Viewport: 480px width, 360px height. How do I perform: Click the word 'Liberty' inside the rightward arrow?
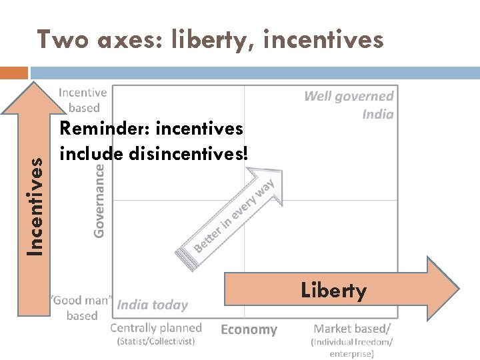coord(333,291)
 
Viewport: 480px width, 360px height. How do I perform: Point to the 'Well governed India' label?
coord(349,105)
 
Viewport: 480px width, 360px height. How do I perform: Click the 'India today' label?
coord(153,305)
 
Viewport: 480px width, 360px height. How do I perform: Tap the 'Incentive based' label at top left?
coord(82,100)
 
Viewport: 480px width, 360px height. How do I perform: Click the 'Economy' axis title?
coord(249,329)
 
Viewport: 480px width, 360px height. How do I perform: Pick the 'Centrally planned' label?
coord(155,327)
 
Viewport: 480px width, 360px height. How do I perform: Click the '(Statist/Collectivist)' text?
coord(156,341)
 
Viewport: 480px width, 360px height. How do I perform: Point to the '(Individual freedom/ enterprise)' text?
coord(352,347)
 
